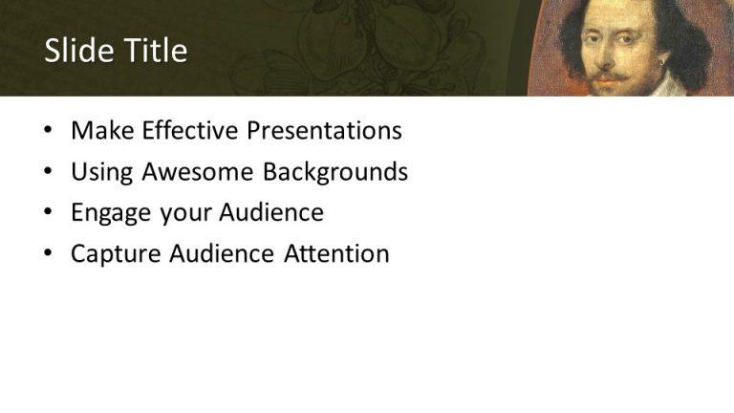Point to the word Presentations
coord(324,131)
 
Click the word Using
coord(101,172)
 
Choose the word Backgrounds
coord(335,172)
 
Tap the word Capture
coord(115,254)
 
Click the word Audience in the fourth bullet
coord(223,254)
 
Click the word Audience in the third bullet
coord(272,213)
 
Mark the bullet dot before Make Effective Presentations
coord(49,132)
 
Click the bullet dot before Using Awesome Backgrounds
coord(49,173)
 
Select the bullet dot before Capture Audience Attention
coord(49,255)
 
